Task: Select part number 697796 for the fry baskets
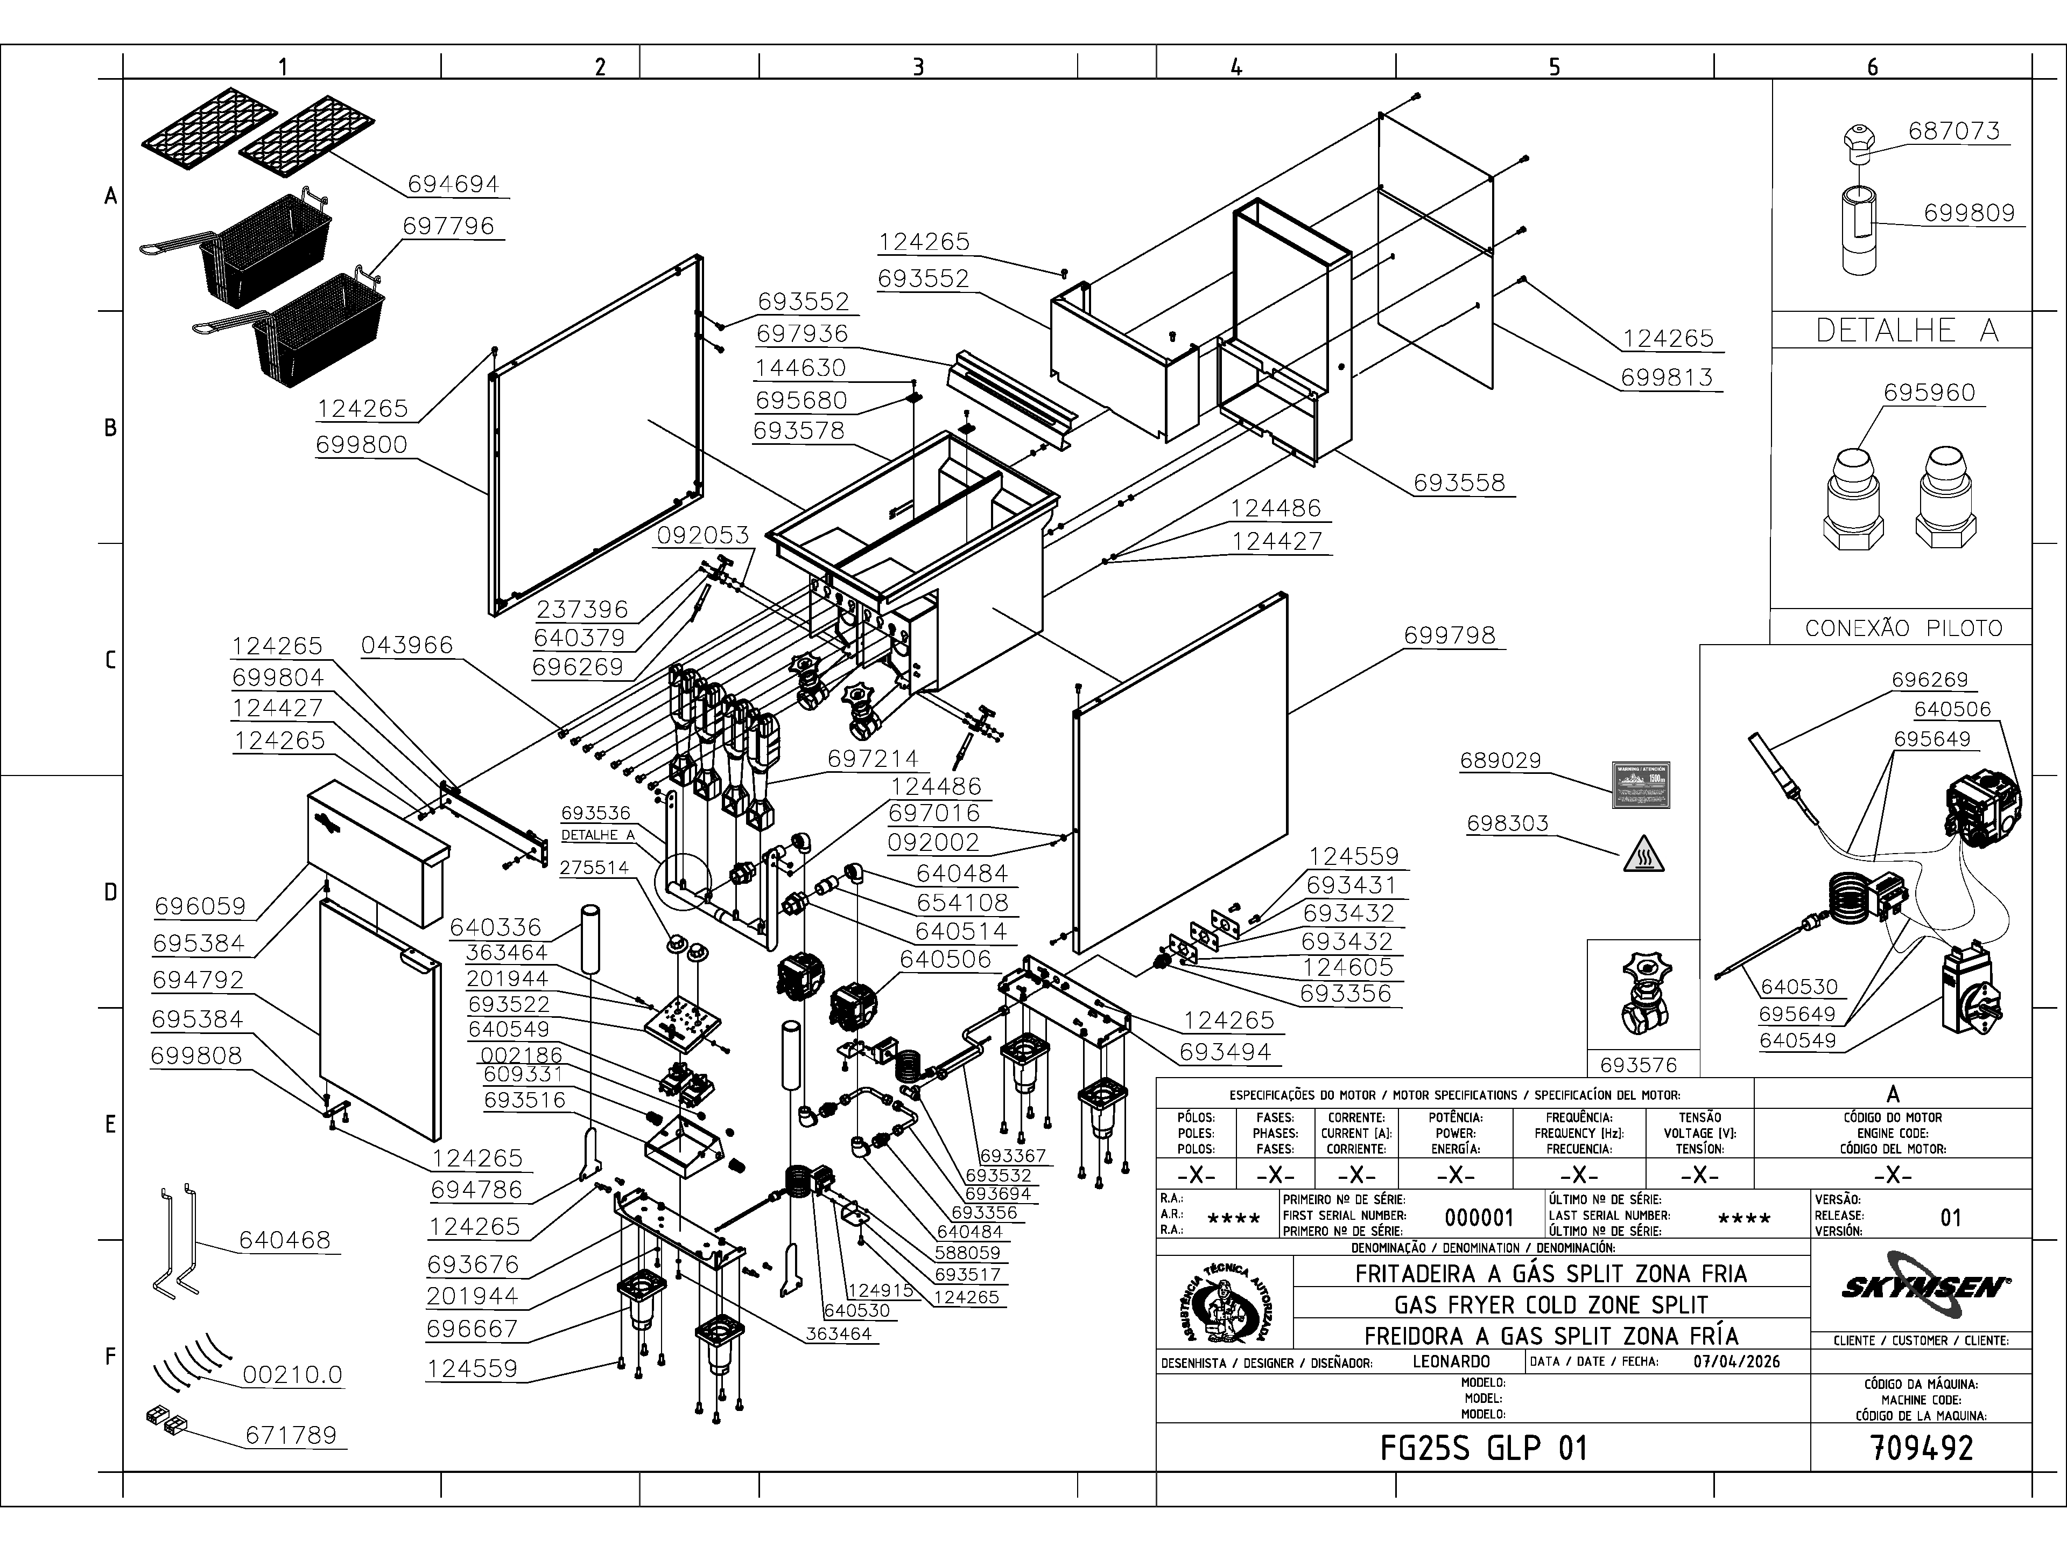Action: tap(448, 226)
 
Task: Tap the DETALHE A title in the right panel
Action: tap(1906, 330)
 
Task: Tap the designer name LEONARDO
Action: tap(1451, 1361)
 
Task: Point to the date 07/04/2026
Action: tap(1736, 1361)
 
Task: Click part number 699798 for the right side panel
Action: tap(1450, 635)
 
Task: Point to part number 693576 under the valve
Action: tap(1638, 1064)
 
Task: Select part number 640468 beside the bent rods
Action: tap(284, 1240)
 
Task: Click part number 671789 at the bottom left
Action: tap(291, 1435)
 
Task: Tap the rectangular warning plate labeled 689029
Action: tap(1642, 785)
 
